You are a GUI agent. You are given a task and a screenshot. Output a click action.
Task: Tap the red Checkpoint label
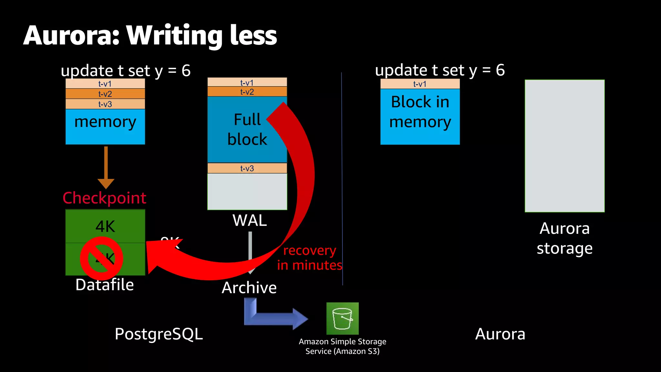pos(104,198)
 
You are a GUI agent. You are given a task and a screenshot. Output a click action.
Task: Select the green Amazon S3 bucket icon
pos(342,318)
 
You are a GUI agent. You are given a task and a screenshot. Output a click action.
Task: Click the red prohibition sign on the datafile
pos(101,258)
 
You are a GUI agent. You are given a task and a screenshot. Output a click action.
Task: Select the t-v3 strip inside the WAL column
pos(247,168)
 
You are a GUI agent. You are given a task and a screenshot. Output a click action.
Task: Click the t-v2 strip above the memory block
pos(105,94)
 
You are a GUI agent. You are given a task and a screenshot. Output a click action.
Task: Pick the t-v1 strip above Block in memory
pos(420,84)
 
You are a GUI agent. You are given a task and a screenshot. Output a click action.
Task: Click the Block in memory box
pos(420,116)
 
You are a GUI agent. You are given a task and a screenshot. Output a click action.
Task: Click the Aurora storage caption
pos(564,238)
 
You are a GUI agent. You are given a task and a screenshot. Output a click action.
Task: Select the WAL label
pos(249,221)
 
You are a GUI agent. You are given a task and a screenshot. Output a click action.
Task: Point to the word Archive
pos(249,287)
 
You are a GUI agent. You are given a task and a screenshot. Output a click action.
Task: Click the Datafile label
pos(105,285)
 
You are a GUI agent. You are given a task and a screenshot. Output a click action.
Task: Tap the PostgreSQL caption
pos(158,334)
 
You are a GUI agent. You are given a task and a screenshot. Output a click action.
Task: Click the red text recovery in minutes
pos(309,258)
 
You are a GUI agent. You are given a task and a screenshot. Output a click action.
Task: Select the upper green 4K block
pos(105,226)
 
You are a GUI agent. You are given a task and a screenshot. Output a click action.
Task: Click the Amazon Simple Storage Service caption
pos(342,346)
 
